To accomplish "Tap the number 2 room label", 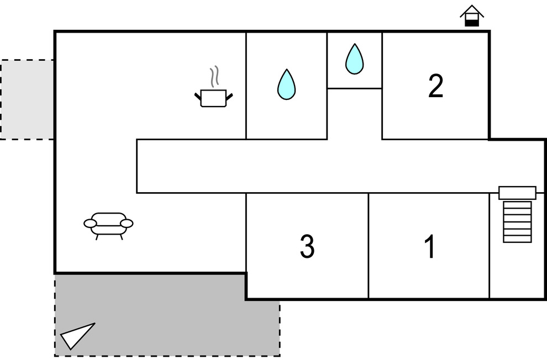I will click(435, 87).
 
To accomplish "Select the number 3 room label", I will click(307, 247).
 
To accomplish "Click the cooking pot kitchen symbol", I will click(214, 98).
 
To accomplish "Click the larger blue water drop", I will click(286, 84).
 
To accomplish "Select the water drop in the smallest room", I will click(354, 59).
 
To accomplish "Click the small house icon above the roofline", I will click(471, 16).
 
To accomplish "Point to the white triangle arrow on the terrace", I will click(76, 336).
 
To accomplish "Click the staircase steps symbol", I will click(517, 221).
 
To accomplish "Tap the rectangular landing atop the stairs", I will click(517, 193).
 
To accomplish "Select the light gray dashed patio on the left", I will click(27, 99).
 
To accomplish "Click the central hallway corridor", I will click(332, 166).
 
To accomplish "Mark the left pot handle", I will click(198, 97).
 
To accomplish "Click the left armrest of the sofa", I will click(90, 223).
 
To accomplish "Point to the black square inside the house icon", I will click(471, 22).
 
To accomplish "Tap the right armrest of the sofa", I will click(127, 223).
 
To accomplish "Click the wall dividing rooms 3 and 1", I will click(368, 246).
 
